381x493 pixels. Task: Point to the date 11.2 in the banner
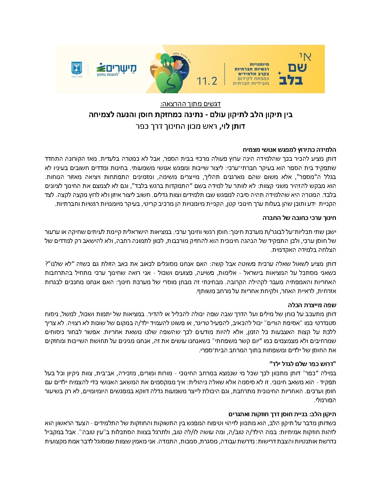[207, 80]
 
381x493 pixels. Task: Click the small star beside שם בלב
[279, 73]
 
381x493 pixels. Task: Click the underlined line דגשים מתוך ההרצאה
[190, 104]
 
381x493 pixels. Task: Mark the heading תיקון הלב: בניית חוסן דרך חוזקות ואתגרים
[282, 414]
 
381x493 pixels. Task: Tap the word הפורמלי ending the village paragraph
[326, 400]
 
